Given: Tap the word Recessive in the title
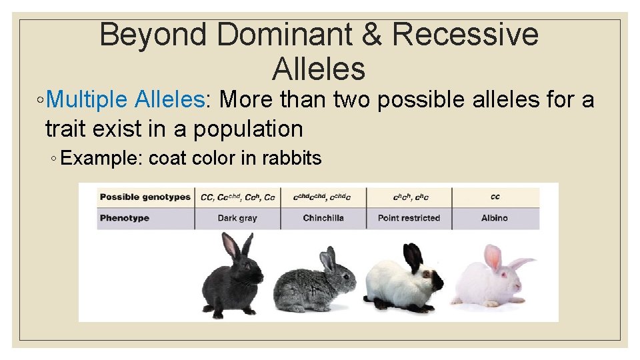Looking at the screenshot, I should [466, 35].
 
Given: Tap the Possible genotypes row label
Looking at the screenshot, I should [145, 197].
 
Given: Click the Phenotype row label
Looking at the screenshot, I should [125, 218].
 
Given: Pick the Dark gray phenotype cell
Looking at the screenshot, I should [237, 218].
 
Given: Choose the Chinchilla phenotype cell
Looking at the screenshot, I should [323, 218].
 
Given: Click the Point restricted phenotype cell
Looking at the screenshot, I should [409, 218].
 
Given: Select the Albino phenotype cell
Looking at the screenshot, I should [495, 218].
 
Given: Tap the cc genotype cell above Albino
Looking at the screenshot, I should [495, 197].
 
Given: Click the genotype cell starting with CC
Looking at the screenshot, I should [237, 197].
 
